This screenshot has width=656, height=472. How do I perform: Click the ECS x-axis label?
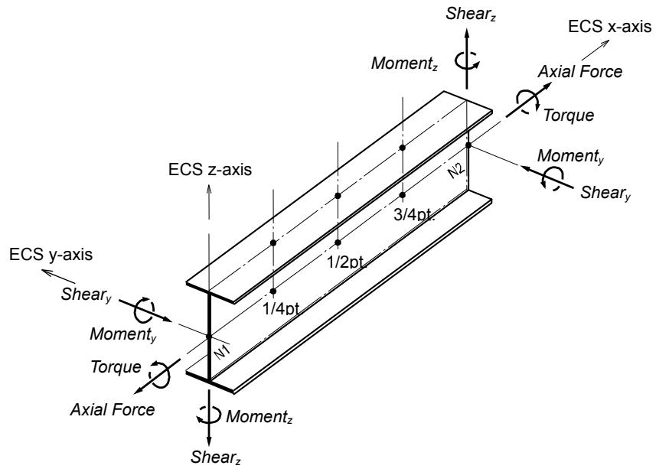tap(609, 27)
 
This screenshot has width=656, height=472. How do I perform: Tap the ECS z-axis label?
tap(210, 170)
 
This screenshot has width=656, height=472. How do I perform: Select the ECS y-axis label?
tap(51, 254)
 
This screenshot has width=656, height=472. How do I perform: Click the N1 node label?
tap(222, 352)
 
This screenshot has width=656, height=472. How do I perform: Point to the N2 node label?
tap(456, 171)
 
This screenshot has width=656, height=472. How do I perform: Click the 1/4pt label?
tap(281, 308)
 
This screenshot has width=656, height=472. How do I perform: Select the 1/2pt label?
tap(347, 262)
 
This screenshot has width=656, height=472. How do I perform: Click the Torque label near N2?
tap(569, 116)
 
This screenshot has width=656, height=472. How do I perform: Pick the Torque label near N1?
tap(116, 367)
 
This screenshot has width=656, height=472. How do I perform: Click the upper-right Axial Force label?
tap(580, 72)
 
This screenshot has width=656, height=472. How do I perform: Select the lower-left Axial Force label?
tap(113, 409)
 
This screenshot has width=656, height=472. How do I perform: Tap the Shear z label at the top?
tap(471, 15)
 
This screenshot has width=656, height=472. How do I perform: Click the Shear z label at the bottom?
tap(216, 457)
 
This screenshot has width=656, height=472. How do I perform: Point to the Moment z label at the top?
tap(404, 63)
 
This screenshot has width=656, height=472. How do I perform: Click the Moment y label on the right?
tap(570, 156)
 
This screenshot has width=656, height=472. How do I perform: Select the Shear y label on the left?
tap(86, 295)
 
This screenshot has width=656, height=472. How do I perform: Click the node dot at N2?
tap(468, 145)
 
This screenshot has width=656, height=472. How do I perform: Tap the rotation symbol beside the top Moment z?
tap(468, 60)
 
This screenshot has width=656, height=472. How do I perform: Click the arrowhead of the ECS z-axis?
tap(209, 188)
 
